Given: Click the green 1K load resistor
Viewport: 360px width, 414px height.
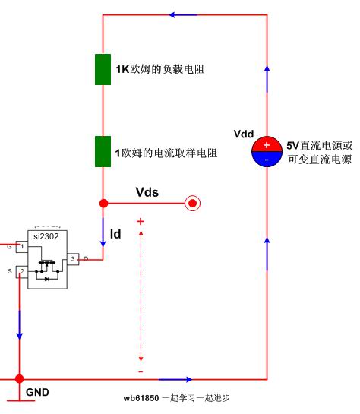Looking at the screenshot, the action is click(103, 69).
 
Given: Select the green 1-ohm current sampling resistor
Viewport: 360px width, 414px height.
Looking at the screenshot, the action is click(103, 152).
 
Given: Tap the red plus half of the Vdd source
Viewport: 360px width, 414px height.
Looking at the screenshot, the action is click(267, 144).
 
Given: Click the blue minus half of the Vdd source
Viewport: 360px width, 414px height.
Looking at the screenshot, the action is click(267, 160).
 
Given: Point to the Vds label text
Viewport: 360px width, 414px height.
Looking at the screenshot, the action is click(147, 192).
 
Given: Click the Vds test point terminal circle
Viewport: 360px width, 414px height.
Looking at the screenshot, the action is click(193, 204).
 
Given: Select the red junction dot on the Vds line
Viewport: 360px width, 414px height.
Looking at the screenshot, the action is click(104, 204).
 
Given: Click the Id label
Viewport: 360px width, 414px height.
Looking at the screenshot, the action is click(115, 234).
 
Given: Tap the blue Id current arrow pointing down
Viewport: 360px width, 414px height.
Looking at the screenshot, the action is click(103, 233).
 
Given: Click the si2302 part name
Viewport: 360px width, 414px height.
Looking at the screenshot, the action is click(46, 236).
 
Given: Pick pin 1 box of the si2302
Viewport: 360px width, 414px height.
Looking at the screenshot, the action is click(22, 247).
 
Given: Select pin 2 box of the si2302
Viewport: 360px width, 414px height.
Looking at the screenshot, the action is click(22, 272).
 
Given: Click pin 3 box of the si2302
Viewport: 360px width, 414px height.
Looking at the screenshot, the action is click(73, 259).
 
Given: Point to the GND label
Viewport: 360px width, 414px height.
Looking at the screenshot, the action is click(37, 392).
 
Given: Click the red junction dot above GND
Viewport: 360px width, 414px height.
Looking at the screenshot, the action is click(19, 379).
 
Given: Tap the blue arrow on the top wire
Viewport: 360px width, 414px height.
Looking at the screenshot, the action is click(183, 14).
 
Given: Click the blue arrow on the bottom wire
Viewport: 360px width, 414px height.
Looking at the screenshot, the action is click(175, 379).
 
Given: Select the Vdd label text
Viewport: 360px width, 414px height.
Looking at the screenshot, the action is click(244, 134).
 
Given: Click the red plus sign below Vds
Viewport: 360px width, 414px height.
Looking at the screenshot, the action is click(141, 221).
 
